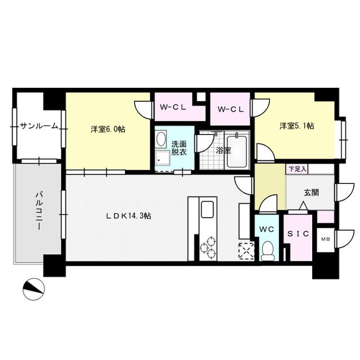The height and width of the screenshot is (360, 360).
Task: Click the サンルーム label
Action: click(x=39, y=126)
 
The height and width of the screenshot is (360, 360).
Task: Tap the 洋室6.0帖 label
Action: click(x=108, y=129)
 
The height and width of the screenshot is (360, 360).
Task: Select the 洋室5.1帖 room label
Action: click(x=297, y=125)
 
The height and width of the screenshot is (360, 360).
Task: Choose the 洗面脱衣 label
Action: click(x=179, y=147)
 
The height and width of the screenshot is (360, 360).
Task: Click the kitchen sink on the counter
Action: click(x=205, y=211)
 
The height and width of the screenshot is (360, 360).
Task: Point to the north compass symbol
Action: click(x=33, y=289)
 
